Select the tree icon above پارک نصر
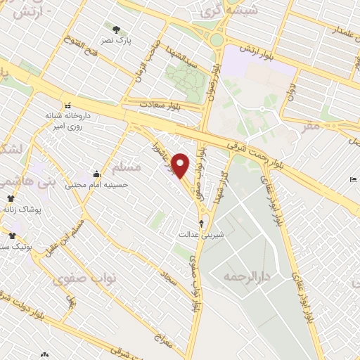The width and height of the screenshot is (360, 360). pyautogui.click(x=116, y=30)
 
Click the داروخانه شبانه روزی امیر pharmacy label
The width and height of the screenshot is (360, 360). pyautogui.click(x=68, y=121)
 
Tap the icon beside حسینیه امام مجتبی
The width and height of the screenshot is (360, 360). pyautogui.click(x=96, y=174)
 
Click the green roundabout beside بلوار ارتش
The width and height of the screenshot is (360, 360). pyautogui.click(x=217, y=40)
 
